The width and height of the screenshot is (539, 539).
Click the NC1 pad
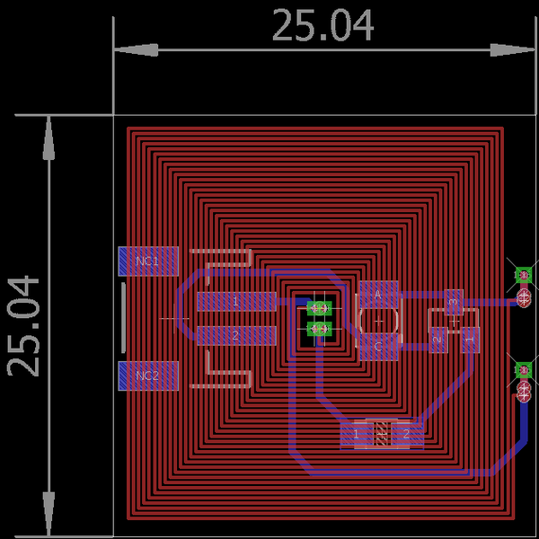(x=149, y=261)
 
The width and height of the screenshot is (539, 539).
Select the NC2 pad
(x=149, y=376)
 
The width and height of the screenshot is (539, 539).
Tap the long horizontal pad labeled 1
(x=236, y=301)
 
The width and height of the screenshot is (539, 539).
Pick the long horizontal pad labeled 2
(x=236, y=336)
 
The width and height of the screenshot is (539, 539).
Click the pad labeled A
(x=378, y=294)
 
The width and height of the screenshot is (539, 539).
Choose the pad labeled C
(x=378, y=346)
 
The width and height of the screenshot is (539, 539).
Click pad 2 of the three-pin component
(x=437, y=340)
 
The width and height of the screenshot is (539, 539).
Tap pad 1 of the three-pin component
(x=470, y=340)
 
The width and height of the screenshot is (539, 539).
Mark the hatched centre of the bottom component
(x=382, y=435)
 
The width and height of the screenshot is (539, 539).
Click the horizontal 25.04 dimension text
(x=323, y=27)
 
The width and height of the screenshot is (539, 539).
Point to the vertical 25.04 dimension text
(x=25, y=325)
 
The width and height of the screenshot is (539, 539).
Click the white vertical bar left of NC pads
(x=123, y=318)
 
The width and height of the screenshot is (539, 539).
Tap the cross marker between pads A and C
(x=378, y=320)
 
